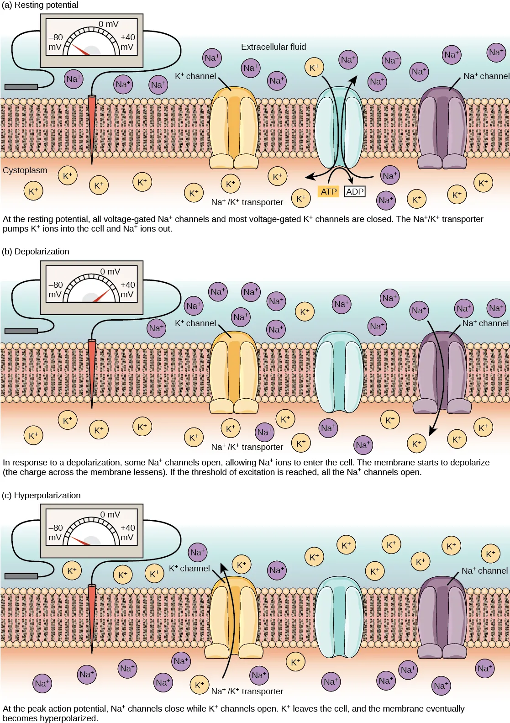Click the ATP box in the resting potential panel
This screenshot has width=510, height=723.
[x=328, y=191]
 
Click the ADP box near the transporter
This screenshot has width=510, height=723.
[x=355, y=191]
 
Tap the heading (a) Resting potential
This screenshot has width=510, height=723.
[x=40, y=5]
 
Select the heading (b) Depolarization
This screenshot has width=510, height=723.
[x=36, y=252]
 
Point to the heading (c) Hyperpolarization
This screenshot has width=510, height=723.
[x=41, y=496]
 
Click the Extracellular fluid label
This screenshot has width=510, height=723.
[x=273, y=47]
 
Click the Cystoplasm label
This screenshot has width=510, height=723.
[x=25, y=170]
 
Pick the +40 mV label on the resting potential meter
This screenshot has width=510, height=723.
[x=127, y=42]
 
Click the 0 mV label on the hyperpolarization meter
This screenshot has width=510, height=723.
[x=110, y=514]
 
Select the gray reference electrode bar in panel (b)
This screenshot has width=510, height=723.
[x=21, y=331]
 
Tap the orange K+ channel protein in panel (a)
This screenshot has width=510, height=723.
[x=234, y=128]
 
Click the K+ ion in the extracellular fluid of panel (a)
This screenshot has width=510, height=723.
[x=314, y=68]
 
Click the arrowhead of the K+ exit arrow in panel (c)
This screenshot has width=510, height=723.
[x=223, y=568]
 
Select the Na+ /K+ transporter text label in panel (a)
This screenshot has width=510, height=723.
[x=247, y=202]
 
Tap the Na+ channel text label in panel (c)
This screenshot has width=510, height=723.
[x=484, y=571]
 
